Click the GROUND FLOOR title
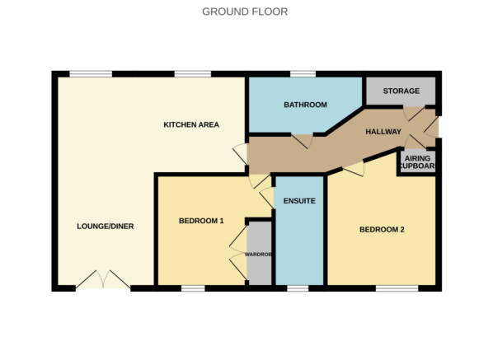point(245,12)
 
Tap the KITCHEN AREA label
point(190,124)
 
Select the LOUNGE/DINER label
point(106,227)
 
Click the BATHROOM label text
point(305,105)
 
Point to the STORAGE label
point(401,91)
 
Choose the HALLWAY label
point(383,132)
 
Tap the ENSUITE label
point(298,200)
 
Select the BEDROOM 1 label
point(202,221)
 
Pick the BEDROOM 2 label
point(382,230)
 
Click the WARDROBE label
point(259,254)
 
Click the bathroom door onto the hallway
point(305,142)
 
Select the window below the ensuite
point(298,288)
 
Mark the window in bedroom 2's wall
point(397,288)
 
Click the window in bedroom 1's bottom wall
point(193,288)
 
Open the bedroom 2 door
point(354,169)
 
